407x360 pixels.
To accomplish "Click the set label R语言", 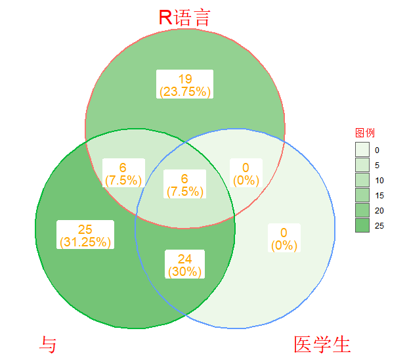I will [x=184, y=18].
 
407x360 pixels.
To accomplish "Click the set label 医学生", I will [x=322, y=344].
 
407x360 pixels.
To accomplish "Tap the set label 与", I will [x=48, y=344].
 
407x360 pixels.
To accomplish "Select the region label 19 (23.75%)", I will [x=184, y=85].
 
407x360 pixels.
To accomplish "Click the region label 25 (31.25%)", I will [x=85, y=235].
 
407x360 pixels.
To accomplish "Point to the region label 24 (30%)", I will [x=184, y=265].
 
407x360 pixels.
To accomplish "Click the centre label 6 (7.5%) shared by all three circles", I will [x=184, y=185].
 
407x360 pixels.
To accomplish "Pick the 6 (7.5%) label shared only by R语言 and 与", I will [x=123, y=173].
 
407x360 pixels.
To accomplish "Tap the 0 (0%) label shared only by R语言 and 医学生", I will [x=246, y=173].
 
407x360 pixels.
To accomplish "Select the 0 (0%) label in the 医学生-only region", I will [x=284, y=238].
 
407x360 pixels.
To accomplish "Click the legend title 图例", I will [x=364, y=133].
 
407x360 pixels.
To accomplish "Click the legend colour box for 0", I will [x=362, y=150].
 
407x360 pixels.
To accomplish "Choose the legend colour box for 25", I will [x=362, y=225].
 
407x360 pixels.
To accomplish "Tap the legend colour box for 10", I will [x=362, y=180].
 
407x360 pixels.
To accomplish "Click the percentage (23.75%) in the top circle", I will [x=184, y=91].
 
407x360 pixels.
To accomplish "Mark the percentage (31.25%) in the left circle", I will [x=85, y=242].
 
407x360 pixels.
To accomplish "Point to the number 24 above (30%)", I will [x=184, y=259].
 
